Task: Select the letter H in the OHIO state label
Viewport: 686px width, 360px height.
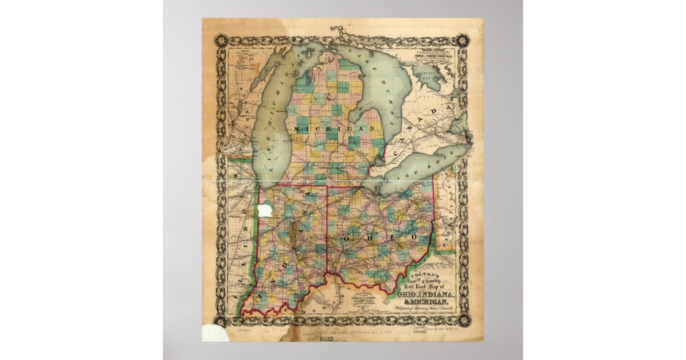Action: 368,236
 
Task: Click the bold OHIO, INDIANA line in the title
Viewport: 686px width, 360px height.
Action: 424,294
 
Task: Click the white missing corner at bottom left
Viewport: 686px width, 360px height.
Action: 214,333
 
